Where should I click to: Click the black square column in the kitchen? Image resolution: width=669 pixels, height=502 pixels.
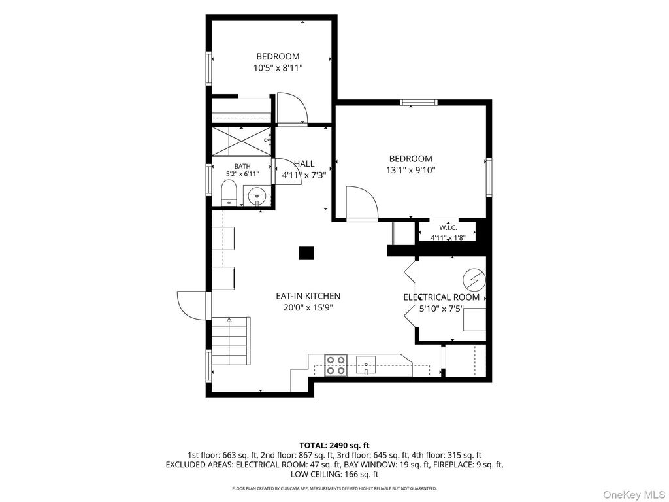pos(306,253)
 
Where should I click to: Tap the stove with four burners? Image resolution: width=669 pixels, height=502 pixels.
pos(335,365)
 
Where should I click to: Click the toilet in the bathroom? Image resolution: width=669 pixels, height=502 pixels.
pos(229,193)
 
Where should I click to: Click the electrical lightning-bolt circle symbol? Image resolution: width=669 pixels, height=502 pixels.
pos(474,280)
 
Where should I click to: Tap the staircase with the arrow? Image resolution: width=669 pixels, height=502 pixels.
pos(231,341)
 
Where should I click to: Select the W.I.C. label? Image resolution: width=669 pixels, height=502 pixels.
pos(448,228)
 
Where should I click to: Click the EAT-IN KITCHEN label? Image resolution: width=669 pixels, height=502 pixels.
pos(308,296)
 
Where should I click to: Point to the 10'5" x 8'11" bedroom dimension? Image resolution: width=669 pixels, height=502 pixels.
pos(278,67)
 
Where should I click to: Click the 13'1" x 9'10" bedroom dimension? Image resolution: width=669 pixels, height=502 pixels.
pos(410,170)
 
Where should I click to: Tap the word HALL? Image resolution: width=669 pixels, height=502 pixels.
pos(304,163)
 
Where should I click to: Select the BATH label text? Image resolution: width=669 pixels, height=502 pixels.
pos(242,166)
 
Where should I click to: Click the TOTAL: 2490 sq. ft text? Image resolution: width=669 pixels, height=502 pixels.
pos(334,446)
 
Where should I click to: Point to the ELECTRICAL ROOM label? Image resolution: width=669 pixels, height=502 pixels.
pos(442,297)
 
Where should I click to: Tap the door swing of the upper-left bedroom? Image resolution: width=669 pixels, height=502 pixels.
pos(292,109)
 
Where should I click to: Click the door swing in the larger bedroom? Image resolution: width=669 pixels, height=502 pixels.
pos(362,203)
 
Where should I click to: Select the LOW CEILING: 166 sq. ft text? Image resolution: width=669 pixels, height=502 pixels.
pos(334,475)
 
